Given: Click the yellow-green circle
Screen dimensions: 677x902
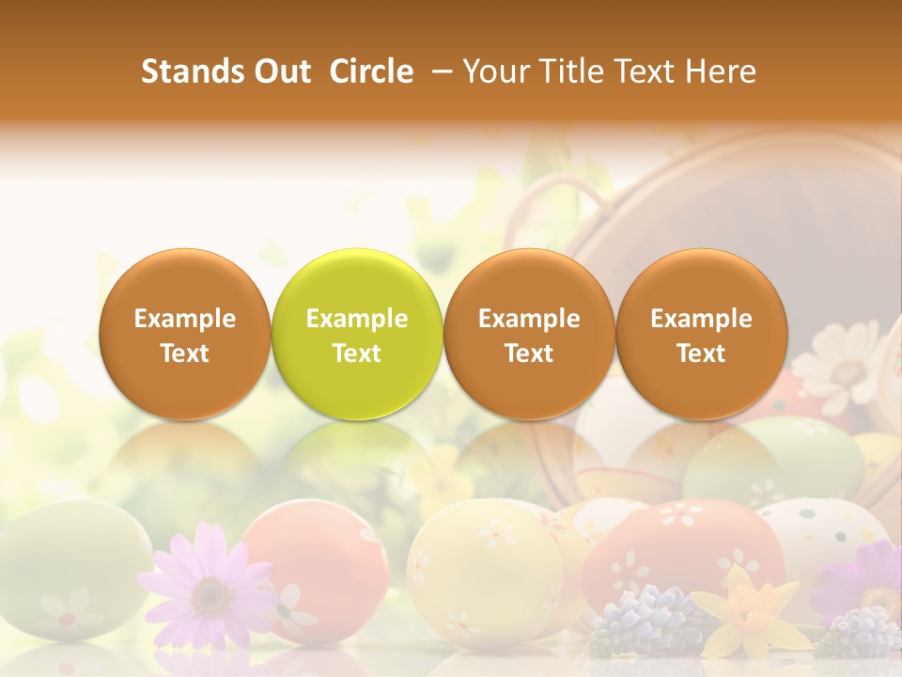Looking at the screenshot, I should (x=356, y=334).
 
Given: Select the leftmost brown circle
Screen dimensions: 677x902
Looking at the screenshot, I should (x=184, y=334).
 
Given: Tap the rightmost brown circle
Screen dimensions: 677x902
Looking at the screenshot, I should (x=701, y=334).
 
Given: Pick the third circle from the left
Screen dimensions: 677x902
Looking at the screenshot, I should (x=529, y=334).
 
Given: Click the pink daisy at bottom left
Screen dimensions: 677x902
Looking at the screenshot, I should (x=210, y=588).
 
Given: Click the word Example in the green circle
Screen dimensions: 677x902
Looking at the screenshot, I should (x=356, y=319).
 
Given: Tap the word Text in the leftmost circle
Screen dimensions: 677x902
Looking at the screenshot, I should (x=184, y=354).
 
